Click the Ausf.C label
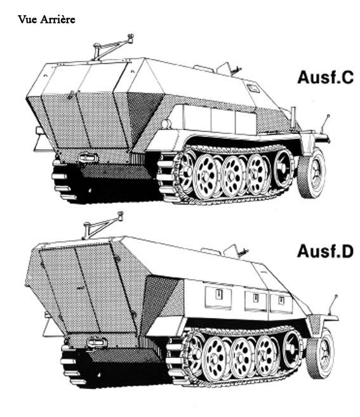(326, 77)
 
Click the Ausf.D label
(326, 251)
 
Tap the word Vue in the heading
(28, 20)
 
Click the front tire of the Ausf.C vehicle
(312, 173)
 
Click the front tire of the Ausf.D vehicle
(321, 354)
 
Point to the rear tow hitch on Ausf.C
(88, 157)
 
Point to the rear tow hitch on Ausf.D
(97, 342)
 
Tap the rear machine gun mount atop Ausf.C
(112, 47)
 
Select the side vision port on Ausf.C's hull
(253, 88)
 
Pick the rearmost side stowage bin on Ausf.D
(218, 298)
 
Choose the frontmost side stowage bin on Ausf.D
(281, 303)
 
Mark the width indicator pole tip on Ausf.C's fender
(328, 116)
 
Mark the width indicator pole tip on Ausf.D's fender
(336, 296)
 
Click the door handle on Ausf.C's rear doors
(71, 95)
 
